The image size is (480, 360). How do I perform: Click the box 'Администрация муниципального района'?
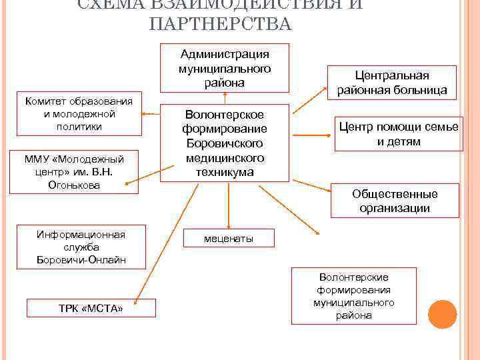pyautogui.click(x=225, y=67)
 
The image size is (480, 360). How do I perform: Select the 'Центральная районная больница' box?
pyautogui.click(x=391, y=83)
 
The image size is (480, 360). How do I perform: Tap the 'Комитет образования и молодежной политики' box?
pyautogui.click(x=79, y=113)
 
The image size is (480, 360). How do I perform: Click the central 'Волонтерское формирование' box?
pyautogui.click(x=225, y=143)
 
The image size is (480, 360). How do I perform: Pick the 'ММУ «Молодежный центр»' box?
pyautogui.click(x=79, y=171)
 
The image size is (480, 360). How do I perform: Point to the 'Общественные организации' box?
pyautogui.click(x=395, y=201)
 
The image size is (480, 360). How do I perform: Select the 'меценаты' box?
pyautogui.click(x=228, y=239)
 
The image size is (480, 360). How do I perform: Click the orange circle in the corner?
pyautogui.click(x=442, y=314)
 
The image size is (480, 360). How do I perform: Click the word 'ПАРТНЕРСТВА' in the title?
pyautogui.click(x=221, y=25)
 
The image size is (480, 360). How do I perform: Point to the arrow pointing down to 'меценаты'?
pyautogui.click(x=229, y=206)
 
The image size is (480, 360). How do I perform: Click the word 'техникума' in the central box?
pyautogui.click(x=225, y=172)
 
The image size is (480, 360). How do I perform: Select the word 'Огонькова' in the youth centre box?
pyautogui.click(x=78, y=185)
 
